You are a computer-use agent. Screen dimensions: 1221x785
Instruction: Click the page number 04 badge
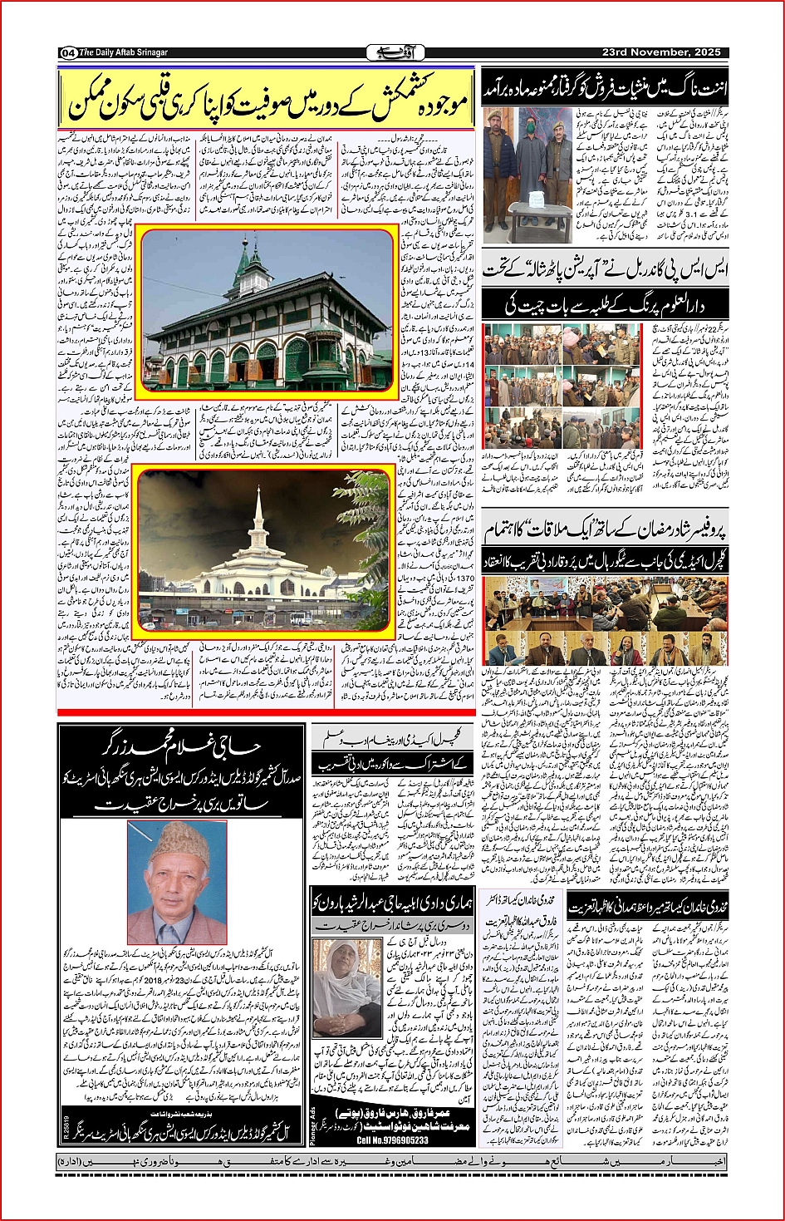click(68, 53)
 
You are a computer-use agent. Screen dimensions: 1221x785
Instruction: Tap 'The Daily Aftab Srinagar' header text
click(124, 53)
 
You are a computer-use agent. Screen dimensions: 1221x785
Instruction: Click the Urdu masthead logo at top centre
click(390, 52)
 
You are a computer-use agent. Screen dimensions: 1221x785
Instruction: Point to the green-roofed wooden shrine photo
click(265, 313)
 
